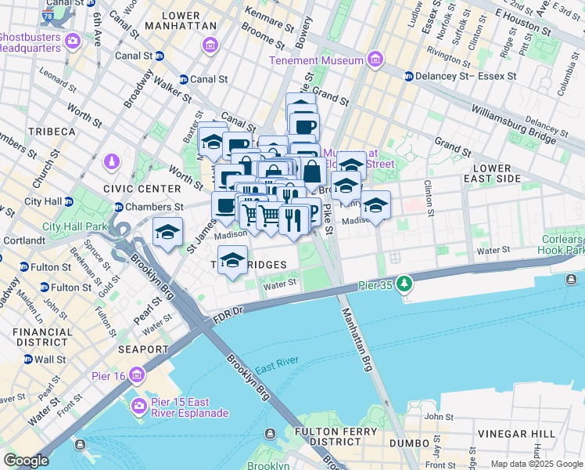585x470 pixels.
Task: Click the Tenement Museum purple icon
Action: coord(375,60)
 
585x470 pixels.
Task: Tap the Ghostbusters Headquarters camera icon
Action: coord(73,41)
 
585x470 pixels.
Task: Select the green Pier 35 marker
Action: coord(404,283)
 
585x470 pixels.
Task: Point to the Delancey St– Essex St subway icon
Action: coord(408,77)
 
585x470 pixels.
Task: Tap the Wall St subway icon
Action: coord(28,360)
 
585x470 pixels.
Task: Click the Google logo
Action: coord(26,461)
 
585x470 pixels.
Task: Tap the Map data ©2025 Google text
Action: coord(536,464)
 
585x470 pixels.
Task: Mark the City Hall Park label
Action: coord(74,226)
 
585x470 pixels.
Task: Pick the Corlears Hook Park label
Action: coord(561,244)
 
